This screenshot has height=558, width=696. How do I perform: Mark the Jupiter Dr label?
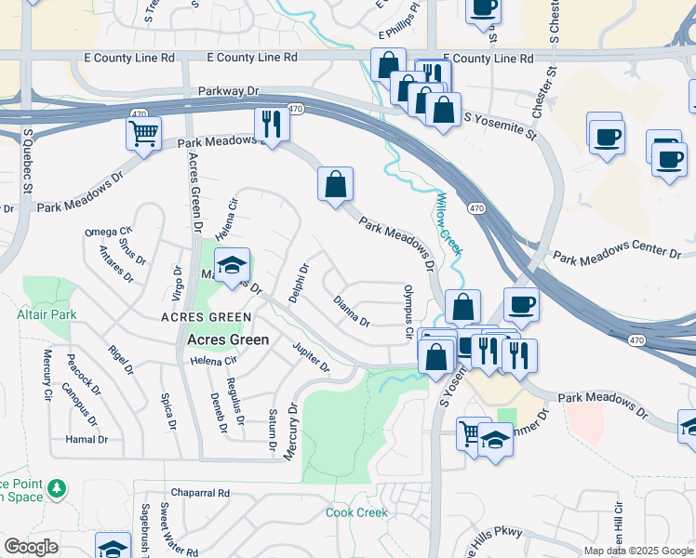coord(311,357)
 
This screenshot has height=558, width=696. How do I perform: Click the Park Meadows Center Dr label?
coord(617,252)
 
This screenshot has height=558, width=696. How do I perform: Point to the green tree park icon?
coord(58,487)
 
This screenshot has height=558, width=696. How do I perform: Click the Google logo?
coord(31,547)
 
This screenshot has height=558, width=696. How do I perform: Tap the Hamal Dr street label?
coord(87,439)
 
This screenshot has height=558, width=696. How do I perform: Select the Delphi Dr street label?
coord(298,283)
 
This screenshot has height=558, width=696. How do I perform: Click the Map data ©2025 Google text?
coord(637,551)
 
